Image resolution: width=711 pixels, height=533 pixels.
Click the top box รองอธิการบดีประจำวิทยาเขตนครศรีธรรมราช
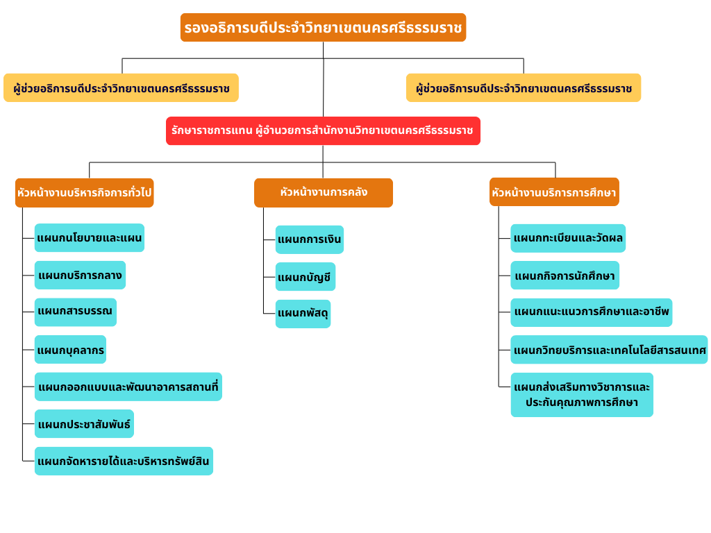[x=323, y=28]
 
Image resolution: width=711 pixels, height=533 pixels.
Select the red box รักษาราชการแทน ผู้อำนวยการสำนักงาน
[x=323, y=131]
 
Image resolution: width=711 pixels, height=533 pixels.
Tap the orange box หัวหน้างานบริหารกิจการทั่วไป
[x=84, y=193]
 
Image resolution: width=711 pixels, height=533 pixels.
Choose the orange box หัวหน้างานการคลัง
[x=324, y=193]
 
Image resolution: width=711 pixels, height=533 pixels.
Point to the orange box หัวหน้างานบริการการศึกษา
[x=554, y=192]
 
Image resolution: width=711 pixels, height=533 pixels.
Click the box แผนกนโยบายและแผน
[x=90, y=238]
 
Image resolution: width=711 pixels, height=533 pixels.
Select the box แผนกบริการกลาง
[x=80, y=275]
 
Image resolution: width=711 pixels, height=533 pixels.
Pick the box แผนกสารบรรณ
[x=75, y=312]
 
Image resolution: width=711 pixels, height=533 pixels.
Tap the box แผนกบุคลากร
[x=70, y=350]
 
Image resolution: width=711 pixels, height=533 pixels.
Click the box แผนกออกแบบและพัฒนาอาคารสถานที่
[x=128, y=387]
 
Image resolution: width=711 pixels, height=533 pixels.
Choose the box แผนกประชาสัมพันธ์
[x=84, y=424]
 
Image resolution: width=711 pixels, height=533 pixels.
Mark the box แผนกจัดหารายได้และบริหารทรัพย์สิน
[x=124, y=461]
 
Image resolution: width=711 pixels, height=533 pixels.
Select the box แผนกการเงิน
[x=309, y=239]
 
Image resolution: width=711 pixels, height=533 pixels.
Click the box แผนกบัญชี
[x=306, y=277]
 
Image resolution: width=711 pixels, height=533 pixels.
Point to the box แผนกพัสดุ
[x=303, y=314]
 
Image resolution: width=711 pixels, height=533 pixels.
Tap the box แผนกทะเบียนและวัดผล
[x=568, y=239]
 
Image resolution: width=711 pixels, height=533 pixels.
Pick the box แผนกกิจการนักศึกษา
[x=565, y=275]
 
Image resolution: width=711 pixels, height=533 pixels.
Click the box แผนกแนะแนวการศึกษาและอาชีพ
[x=592, y=312]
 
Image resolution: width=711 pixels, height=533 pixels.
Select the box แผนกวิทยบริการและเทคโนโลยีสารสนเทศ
[x=609, y=350]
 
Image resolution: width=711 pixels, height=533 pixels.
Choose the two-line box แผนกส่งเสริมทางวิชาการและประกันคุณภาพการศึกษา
[x=582, y=395]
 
